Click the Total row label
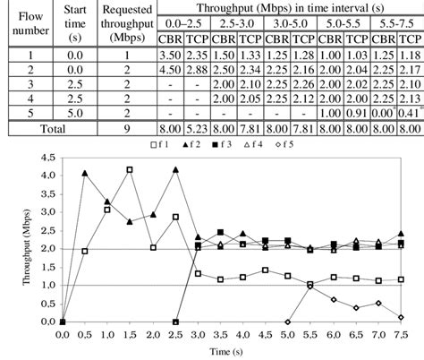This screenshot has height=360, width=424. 49,129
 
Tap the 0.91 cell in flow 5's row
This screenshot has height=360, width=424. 358,114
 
